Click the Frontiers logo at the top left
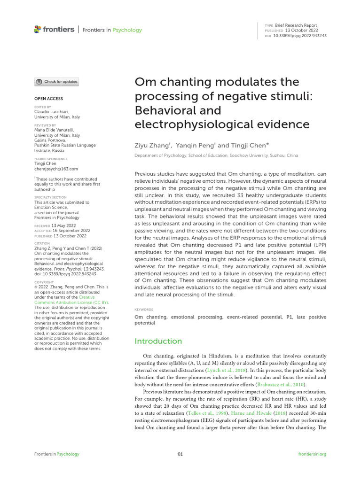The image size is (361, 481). [x=54, y=30]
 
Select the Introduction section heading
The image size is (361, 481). [x=158, y=341]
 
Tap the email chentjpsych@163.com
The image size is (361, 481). [x=56, y=169]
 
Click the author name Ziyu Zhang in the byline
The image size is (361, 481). [x=152, y=146]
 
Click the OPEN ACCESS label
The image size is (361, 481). [x=48, y=99]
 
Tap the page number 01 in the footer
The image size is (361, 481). [x=180, y=454]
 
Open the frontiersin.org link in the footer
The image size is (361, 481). [x=312, y=454]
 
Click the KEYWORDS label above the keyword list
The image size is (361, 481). [x=144, y=310]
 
